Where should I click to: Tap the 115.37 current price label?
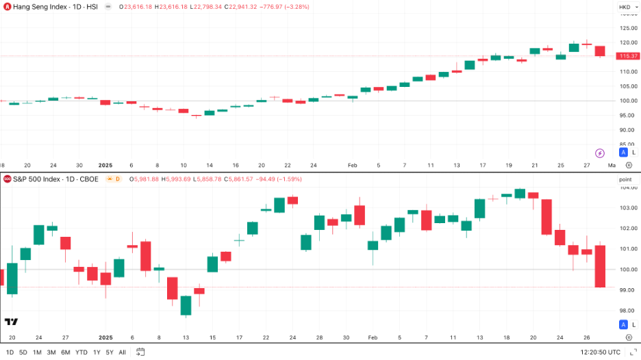pyautogui.click(x=629, y=55)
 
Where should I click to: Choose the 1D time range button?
pyautogui.click(x=10, y=352)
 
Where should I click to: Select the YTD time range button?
pyautogui.click(x=81, y=352)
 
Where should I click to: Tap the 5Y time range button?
pyautogui.click(x=110, y=352)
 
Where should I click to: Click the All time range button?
pyautogui.click(x=122, y=352)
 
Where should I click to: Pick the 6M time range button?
pyautogui.click(x=66, y=352)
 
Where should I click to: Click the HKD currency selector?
pyautogui.click(x=626, y=7)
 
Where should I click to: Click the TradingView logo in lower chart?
pyautogui.click(x=11, y=322)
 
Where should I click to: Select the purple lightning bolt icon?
pyautogui.click(x=600, y=153)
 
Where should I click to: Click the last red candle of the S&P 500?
pyautogui.click(x=600, y=266)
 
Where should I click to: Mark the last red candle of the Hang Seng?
pyautogui.click(x=600, y=51)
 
